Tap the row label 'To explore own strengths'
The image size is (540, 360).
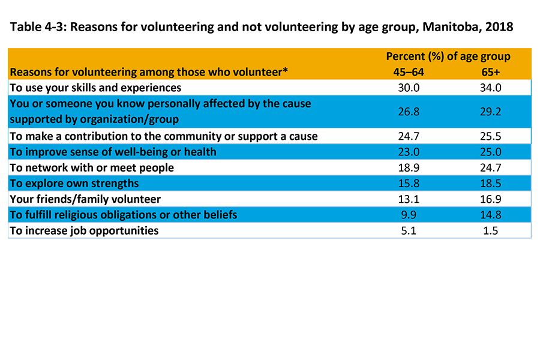coord(74,183)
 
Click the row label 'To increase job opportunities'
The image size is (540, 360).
coord(84,230)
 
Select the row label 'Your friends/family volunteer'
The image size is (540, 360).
coord(85,199)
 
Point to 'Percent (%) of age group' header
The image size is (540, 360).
coord(448,56)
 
